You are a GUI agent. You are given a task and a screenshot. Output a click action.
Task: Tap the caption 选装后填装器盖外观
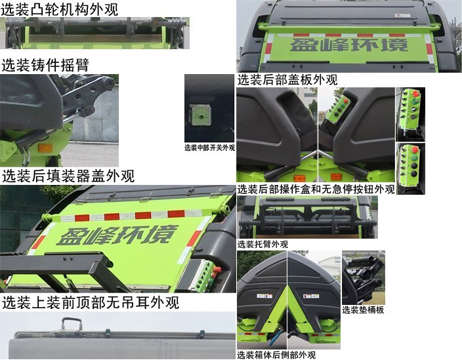[x=68, y=176]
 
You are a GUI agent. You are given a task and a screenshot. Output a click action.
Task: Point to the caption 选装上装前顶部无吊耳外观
[x=90, y=303]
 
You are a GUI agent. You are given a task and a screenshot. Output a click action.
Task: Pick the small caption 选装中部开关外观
[x=209, y=148]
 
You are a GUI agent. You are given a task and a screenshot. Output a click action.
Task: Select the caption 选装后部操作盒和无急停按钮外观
[x=316, y=190]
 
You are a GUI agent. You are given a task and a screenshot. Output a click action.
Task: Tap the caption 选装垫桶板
[x=363, y=310]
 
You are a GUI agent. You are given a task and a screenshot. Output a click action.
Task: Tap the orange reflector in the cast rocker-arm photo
[x=45, y=148]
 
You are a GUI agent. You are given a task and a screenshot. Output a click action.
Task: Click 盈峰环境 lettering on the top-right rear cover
[x=348, y=45]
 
